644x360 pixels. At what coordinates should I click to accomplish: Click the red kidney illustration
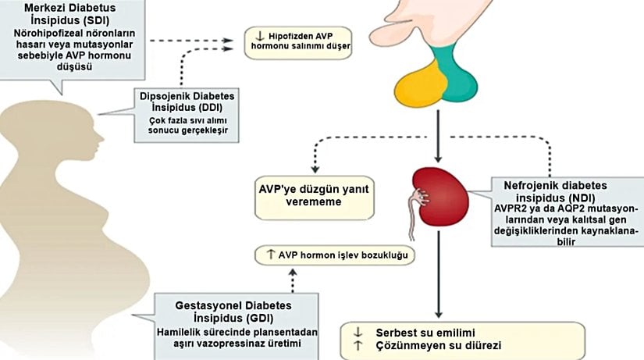click(443, 198)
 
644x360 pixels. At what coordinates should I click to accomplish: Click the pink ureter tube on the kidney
click(410, 219)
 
